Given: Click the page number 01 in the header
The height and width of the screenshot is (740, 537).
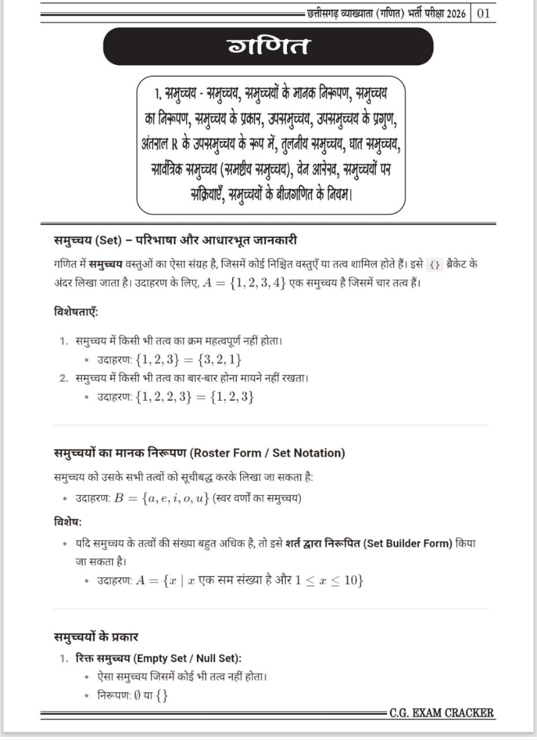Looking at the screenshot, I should pyautogui.click(x=483, y=13).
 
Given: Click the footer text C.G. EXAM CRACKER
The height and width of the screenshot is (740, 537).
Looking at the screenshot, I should pyautogui.click(x=442, y=713).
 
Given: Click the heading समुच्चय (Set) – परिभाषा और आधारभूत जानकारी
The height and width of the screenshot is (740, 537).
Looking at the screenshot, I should pyautogui.click(x=175, y=240).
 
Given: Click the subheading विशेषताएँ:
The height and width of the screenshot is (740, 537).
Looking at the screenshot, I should pyautogui.click(x=76, y=312).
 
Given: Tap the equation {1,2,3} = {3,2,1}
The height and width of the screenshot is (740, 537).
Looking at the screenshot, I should pyautogui.click(x=189, y=360).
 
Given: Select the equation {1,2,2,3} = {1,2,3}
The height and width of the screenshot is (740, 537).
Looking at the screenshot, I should pyautogui.click(x=195, y=397).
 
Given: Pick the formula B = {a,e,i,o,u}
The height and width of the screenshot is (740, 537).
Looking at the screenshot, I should pyautogui.click(x=161, y=498).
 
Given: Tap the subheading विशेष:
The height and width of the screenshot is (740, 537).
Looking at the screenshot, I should pyautogui.click(x=68, y=521).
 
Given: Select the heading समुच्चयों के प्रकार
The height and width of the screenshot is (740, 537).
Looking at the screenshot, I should pyautogui.click(x=96, y=637).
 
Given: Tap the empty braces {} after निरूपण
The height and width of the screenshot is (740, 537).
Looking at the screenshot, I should pyautogui.click(x=162, y=697).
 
